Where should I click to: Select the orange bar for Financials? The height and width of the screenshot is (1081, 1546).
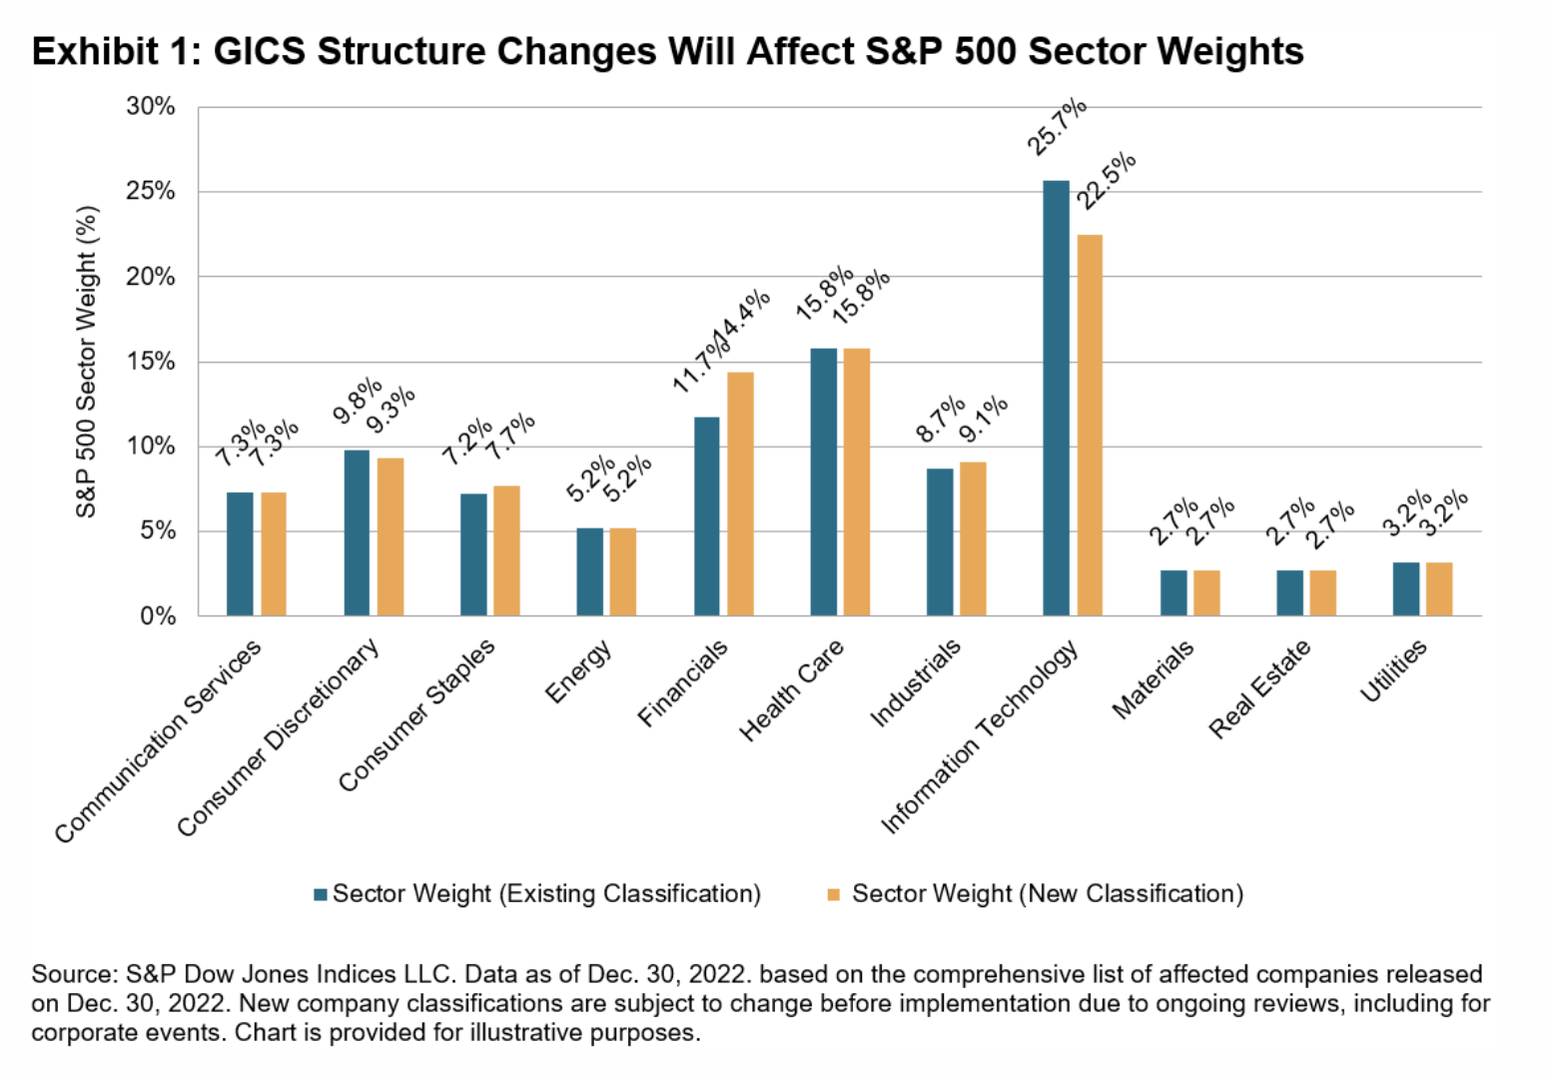pos(740,494)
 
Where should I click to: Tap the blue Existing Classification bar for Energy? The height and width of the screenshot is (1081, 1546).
pos(589,571)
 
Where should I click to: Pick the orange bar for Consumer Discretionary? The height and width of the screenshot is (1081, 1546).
pos(390,537)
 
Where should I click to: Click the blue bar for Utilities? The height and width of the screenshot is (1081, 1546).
pos(1406,588)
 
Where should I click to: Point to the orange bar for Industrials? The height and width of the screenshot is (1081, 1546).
pos(973,539)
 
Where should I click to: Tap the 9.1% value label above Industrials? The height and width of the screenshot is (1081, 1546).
pos(984,419)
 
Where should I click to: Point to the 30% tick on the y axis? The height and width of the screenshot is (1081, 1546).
pos(150,106)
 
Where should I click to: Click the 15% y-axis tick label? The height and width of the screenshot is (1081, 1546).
pos(150,361)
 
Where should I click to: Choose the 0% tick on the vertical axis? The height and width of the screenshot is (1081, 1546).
pos(157,615)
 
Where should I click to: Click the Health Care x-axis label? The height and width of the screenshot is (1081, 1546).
pos(792,689)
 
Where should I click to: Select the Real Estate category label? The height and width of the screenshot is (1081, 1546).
pos(1259,689)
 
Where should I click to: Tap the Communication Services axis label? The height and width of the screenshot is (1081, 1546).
pos(158,741)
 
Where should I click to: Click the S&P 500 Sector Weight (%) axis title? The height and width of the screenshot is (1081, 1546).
pos(87,361)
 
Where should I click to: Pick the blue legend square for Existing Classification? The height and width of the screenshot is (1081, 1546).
pos(321,894)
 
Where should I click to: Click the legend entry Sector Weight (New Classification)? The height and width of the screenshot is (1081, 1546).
pos(1047,893)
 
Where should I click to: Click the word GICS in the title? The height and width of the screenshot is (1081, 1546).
pos(259,51)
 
